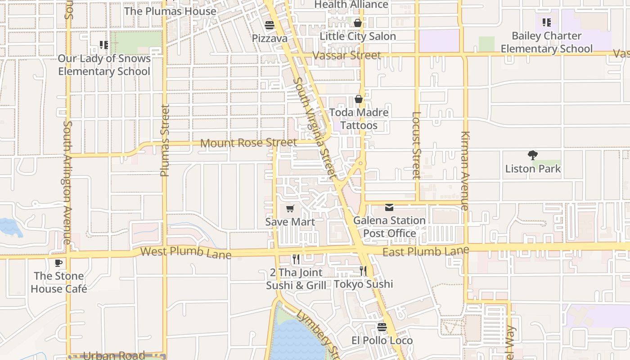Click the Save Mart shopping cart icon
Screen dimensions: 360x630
coord(290,209)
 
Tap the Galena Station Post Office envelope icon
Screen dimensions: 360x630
coord(389,207)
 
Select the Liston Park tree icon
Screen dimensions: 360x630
coord(533,156)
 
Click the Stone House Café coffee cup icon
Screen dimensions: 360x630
coord(58,263)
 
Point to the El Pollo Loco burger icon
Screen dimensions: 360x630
coord(382,327)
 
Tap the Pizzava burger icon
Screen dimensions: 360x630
coord(270,25)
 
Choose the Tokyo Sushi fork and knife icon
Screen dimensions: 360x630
coord(363,271)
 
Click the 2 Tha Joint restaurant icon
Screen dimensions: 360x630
coord(296,259)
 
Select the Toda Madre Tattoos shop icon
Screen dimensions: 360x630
coord(359,99)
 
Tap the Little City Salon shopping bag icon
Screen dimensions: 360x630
coord(358,22)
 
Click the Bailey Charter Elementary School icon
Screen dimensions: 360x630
coord(547,22)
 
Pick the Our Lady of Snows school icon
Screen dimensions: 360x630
coord(104,45)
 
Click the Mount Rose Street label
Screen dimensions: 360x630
coord(248,143)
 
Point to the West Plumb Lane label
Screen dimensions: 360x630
coord(186,252)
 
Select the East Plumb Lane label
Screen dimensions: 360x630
coord(426,251)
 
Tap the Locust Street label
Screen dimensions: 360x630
coord(416,145)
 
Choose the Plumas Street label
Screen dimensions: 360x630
coord(165,140)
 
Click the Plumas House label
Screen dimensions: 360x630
coord(170,11)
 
